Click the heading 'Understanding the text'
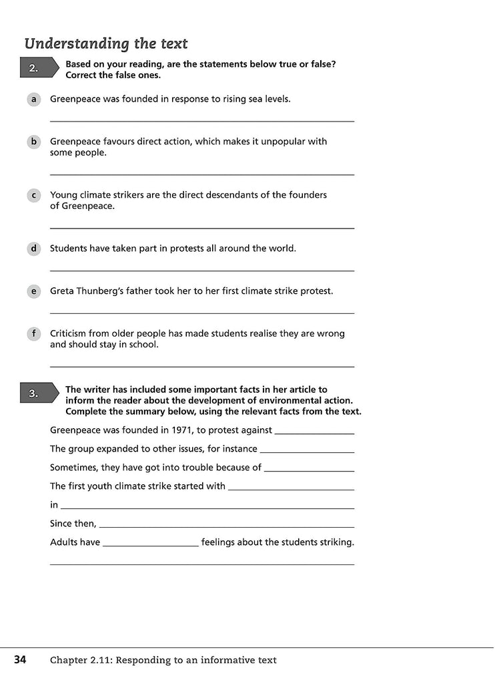[x=106, y=44]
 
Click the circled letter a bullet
[x=33, y=99]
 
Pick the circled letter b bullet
[x=33, y=142]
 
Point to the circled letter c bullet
[x=33, y=195]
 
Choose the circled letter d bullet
[x=33, y=248]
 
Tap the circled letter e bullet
[x=33, y=291]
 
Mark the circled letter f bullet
[x=33, y=334]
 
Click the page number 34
[x=20, y=660]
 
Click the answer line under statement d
[x=201, y=270]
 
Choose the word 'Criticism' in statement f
[x=71, y=333]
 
